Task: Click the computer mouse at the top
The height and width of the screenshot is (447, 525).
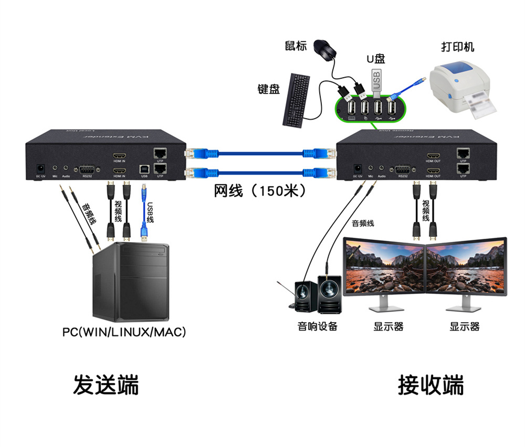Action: [x=325, y=49]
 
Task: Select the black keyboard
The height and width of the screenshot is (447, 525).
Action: [x=297, y=100]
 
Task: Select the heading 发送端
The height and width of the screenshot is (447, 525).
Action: [x=106, y=385]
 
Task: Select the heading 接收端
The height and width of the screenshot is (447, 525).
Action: [x=430, y=385]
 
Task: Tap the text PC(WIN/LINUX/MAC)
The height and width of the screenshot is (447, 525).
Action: [x=124, y=333]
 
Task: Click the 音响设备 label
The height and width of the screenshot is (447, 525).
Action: [x=317, y=326]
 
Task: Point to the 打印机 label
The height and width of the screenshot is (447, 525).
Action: [x=457, y=47]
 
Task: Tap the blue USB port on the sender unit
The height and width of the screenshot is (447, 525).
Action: [x=144, y=169]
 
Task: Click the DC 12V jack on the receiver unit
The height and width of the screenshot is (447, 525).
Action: [x=358, y=168]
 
